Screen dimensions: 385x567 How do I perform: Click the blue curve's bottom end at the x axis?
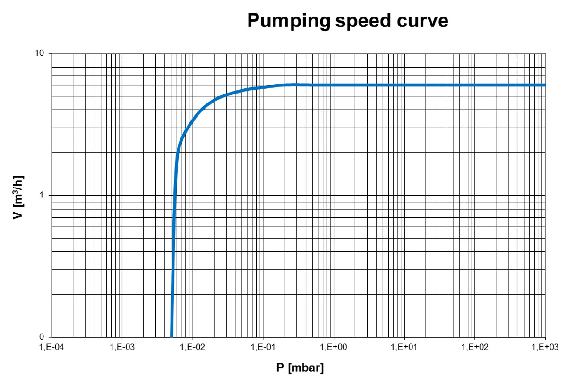coord(172,336)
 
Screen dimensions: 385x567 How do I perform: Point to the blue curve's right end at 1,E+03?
coord(545,85)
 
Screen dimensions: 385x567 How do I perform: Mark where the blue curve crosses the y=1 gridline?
coord(175,195)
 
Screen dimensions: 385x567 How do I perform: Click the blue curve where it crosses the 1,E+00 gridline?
coord(334,85)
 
